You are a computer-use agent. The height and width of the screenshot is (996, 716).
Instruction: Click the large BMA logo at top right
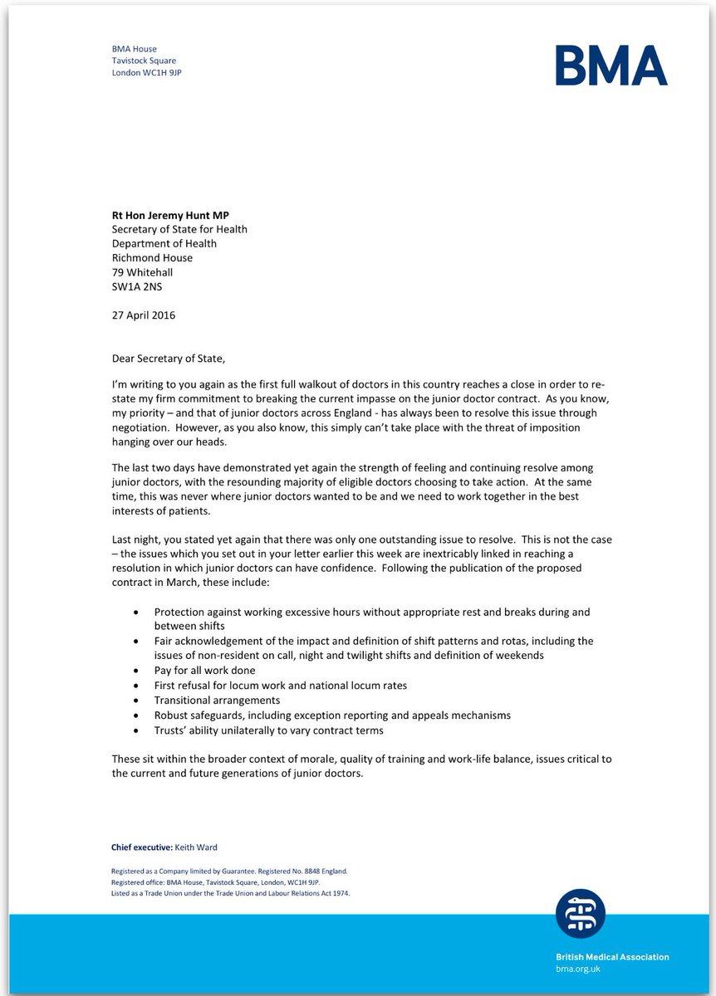pos(611,66)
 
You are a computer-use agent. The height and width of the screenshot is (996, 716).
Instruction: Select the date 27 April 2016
pos(144,315)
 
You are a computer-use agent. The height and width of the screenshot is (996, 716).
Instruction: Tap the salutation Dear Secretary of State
pos(169,359)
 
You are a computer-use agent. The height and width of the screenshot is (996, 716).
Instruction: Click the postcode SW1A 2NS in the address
pos(137,286)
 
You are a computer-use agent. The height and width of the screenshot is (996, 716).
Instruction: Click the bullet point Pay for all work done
pos(204,670)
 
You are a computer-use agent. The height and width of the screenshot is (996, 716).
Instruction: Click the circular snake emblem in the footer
pos(581,913)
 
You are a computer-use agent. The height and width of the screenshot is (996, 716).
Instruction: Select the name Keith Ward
pos(197,847)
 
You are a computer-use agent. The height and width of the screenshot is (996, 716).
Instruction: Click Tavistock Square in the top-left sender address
pos(144,61)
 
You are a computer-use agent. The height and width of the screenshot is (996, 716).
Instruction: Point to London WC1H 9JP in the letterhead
pos(146,72)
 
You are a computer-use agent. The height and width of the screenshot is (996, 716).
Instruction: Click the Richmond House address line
pos(154,258)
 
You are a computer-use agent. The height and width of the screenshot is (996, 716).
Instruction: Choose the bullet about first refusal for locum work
pos(280,685)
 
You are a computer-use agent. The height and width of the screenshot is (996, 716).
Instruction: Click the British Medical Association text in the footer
pos(612,957)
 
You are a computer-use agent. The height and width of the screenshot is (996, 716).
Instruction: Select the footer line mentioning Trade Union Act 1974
pos(230,893)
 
